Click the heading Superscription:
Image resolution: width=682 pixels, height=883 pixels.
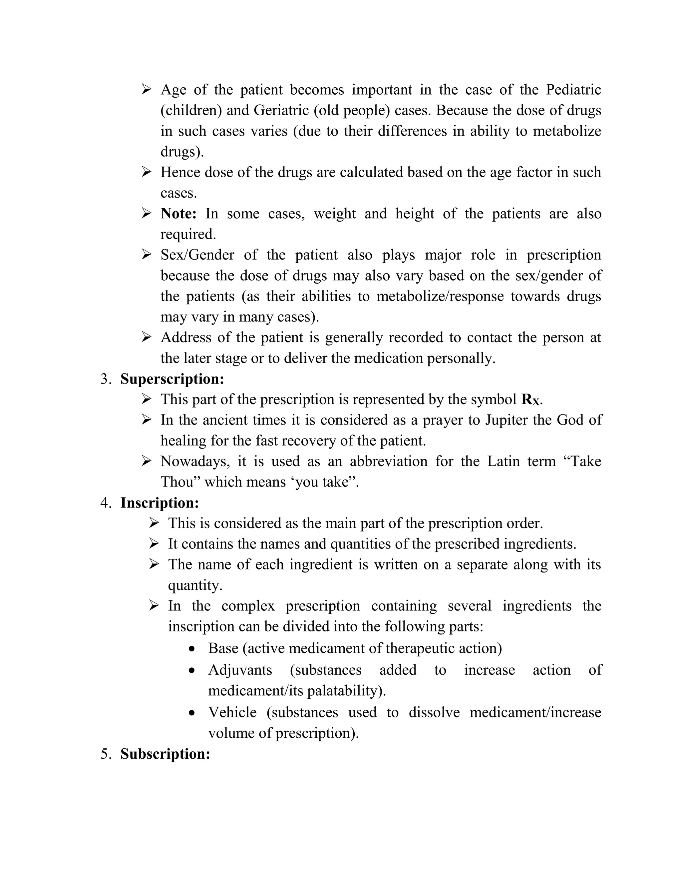click(x=172, y=379)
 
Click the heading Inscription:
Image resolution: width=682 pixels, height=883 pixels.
click(x=160, y=502)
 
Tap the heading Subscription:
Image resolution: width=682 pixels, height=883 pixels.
click(x=165, y=754)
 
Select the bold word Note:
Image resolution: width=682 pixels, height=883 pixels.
click(x=178, y=214)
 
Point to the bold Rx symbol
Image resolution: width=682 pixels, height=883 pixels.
click(x=530, y=400)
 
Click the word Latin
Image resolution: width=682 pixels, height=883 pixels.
click(x=503, y=461)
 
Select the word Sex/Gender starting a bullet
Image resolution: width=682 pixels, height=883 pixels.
click(x=197, y=255)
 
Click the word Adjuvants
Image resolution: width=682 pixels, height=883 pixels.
click(x=240, y=670)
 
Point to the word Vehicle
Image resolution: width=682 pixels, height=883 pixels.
click(x=232, y=712)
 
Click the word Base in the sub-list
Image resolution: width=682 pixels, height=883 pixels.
click(x=223, y=648)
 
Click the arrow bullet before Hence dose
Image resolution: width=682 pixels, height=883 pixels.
click(x=146, y=172)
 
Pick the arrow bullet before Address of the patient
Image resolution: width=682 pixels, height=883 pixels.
click(x=146, y=337)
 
